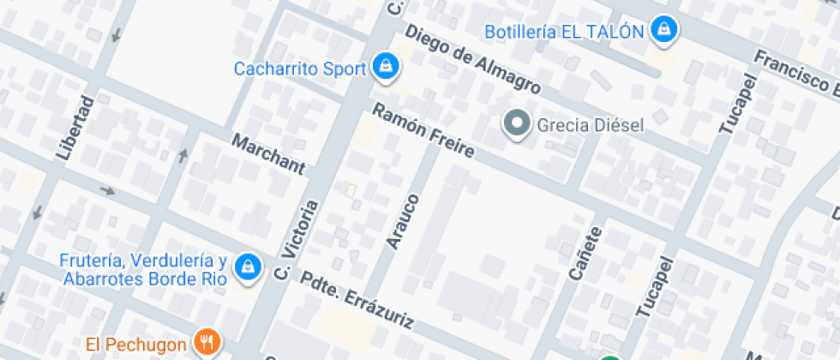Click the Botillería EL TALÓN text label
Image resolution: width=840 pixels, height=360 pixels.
[564, 32]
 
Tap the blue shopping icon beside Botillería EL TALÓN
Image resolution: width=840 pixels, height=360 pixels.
[663, 31]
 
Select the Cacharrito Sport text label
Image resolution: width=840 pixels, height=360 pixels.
[300, 68]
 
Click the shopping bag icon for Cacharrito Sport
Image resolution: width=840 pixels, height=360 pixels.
[385, 67]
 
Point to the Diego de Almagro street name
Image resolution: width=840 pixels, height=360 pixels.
[472, 59]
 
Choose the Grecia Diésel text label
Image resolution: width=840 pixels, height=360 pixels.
[590, 125]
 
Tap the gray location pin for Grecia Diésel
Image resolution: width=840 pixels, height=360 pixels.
[516, 125]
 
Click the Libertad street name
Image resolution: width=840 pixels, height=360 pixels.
[75, 128]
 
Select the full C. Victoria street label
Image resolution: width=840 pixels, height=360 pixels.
[297, 240]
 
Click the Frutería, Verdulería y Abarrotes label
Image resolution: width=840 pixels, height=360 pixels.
[144, 269]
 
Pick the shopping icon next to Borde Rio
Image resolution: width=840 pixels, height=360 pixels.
[249, 267]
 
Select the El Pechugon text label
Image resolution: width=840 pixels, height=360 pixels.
[135, 345]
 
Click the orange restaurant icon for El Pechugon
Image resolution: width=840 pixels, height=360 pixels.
[206, 344]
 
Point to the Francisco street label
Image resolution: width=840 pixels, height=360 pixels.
[796, 73]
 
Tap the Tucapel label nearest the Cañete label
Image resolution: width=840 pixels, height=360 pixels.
[654, 288]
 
